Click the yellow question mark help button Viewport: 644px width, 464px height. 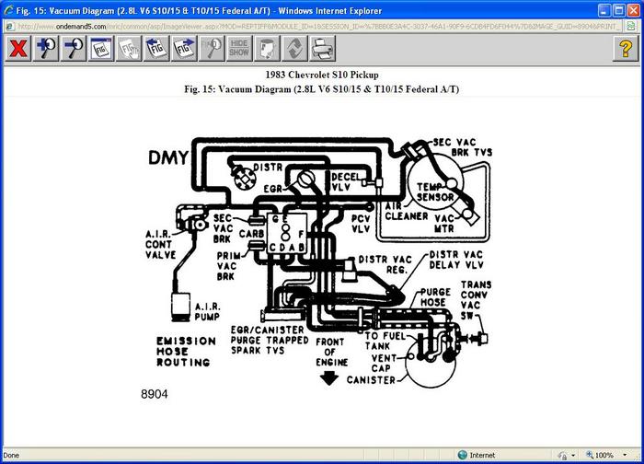pos(626,49)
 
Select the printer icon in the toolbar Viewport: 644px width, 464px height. pos(323,49)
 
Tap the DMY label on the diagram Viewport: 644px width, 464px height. pos(168,157)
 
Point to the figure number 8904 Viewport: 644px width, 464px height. pos(155,394)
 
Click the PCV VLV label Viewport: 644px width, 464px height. pos(362,222)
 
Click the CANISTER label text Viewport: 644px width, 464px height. pos(371,380)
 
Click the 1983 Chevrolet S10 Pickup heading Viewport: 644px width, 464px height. pos(321,75)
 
